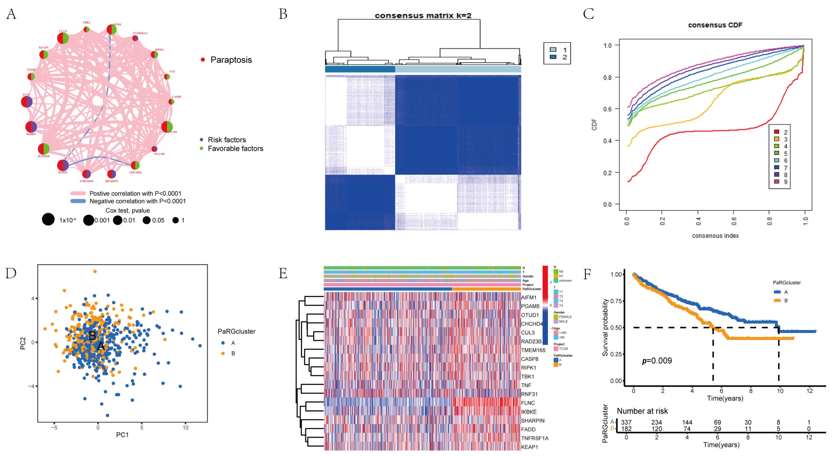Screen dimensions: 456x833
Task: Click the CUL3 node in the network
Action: (63, 38)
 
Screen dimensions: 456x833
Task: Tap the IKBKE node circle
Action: (31, 127)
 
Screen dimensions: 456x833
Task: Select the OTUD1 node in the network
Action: (167, 127)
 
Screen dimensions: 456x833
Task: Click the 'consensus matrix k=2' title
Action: (423, 16)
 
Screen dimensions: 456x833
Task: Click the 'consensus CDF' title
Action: (715, 25)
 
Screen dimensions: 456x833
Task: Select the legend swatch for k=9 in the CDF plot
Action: (776, 182)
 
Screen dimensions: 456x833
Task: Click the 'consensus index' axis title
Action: (715, 236)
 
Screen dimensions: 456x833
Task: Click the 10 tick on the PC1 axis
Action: (185, 427)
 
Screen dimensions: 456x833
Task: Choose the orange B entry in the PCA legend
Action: (223, 353)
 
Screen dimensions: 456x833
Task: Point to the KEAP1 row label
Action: (529, 447)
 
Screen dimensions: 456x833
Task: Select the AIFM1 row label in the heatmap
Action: (529, 297)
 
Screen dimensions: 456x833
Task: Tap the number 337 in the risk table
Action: (626, 422)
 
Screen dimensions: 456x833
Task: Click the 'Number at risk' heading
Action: (642, 411)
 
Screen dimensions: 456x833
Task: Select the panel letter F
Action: (587, 274)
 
